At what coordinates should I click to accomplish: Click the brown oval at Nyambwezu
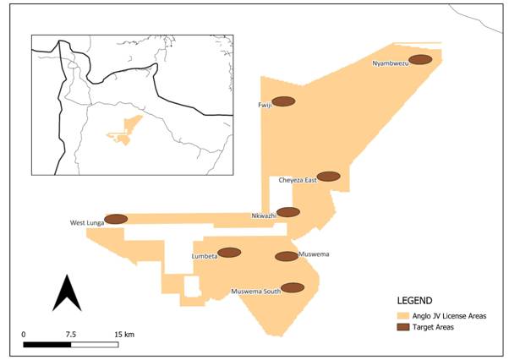coord(422,59)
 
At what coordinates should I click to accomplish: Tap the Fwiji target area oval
coord(283,101)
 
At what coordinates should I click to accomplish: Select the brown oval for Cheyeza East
coord(328,177)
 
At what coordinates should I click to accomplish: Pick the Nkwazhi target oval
coord(288,212)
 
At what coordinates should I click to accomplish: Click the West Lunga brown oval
coord(115,219)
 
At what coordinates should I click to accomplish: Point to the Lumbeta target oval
coord(229,253)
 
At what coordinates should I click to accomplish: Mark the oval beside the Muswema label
coord(287,256)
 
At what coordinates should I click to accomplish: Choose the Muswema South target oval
coord(293,287)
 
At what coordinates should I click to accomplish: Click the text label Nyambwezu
coord(391,64)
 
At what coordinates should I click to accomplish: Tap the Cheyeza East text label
coord(297,180)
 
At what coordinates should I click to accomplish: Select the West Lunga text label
coord(86,223)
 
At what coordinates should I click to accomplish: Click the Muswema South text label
coord(255,292)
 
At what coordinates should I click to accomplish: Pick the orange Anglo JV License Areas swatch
coord(408,315)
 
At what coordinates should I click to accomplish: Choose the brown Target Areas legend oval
coord(408,327)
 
